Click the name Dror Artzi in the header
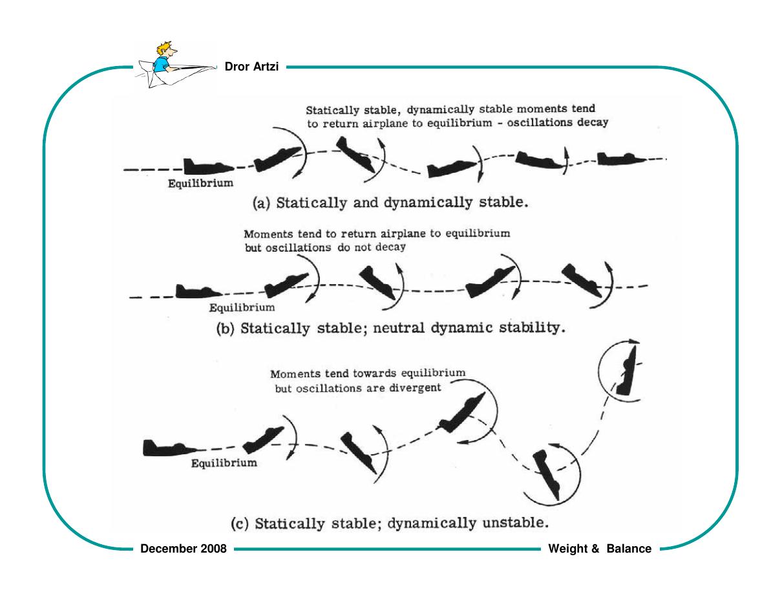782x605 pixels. [251, 67]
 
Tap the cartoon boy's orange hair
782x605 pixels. [164, 48]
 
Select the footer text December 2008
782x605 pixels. [184, 549]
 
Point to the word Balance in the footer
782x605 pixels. [629, 549]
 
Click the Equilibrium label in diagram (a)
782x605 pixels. [200, 183]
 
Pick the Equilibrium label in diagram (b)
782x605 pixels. [242, 308]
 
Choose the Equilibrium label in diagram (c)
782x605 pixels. [224, 463]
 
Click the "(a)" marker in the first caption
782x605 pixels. [261, 203]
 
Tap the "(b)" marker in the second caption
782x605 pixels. [226, 329]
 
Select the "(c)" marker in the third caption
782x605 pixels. [240, 523]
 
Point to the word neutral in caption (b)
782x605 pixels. [399, 328]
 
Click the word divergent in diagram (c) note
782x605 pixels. [415, 388]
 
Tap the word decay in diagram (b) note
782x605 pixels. [390, 247]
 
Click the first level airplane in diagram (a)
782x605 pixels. [208, 166]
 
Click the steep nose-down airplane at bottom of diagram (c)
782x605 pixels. [547, 475]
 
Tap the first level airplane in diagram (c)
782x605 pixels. [169, 448]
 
